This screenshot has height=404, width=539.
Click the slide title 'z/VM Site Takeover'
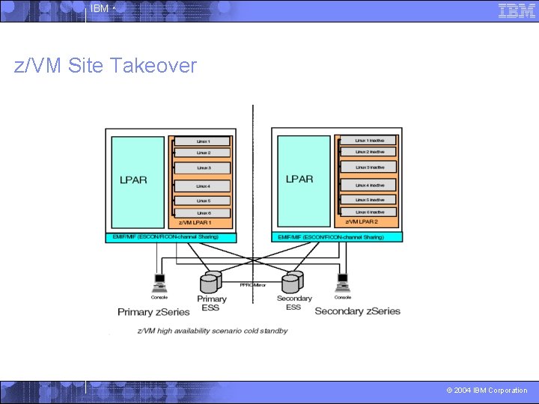(106, 66)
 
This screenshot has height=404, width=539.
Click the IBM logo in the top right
(517, 10)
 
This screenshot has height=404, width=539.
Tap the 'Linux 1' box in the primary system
(203, 141)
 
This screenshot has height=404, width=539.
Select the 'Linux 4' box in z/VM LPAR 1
(203, 186)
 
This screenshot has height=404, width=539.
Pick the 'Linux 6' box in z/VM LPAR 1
(203, 212)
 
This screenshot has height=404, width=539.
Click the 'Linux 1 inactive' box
(369, 141)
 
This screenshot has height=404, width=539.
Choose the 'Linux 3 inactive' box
(369, 168)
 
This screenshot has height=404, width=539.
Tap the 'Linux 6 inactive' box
(369, 212)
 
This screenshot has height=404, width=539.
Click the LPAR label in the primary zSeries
(133, 180)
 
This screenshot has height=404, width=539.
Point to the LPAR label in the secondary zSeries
(299, 179)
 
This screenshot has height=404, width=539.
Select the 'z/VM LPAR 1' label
(194, 223)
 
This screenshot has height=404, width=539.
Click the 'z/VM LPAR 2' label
(361, 222)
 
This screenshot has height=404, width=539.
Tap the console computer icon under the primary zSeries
(159, 283)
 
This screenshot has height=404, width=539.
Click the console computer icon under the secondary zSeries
(343, 282)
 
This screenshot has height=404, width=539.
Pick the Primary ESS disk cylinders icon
(210, 283)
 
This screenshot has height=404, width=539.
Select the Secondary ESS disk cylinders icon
(293, 282)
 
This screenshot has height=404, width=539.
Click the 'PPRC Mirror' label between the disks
(253, 285)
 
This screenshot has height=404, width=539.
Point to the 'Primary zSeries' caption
(153, 311)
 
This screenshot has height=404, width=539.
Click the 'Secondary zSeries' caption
(357, 310)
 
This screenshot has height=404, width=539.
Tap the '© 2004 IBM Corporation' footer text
(487, 391)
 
